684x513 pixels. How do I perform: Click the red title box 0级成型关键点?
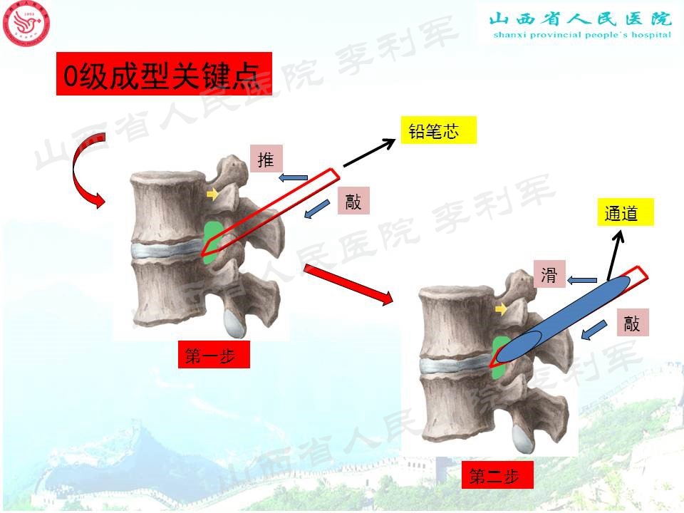[164, 73]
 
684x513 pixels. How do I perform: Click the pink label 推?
[266, 160]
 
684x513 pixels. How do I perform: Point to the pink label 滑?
[549, 275]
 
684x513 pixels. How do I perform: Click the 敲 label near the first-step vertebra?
[353, 201]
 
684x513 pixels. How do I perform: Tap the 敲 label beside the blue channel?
[631, 323]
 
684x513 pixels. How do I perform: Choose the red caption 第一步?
[214, 355]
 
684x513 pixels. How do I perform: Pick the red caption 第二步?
[501, 475]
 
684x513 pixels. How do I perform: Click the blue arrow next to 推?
[293, 177]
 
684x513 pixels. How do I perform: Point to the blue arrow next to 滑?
[582, 280]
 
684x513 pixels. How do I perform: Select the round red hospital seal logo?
[27, 27]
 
